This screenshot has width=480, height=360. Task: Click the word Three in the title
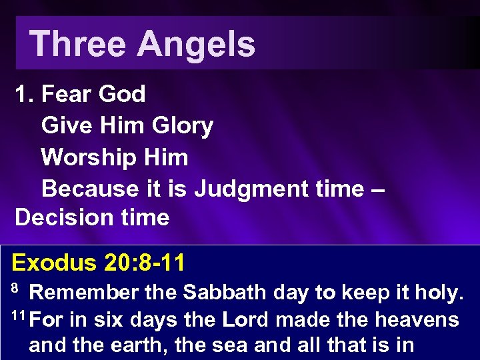77,44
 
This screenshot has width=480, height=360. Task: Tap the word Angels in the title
196,44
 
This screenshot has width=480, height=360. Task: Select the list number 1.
24,94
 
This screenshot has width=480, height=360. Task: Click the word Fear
65,94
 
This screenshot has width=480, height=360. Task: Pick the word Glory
182,125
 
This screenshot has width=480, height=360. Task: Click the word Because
89,189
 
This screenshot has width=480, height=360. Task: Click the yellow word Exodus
54,263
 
